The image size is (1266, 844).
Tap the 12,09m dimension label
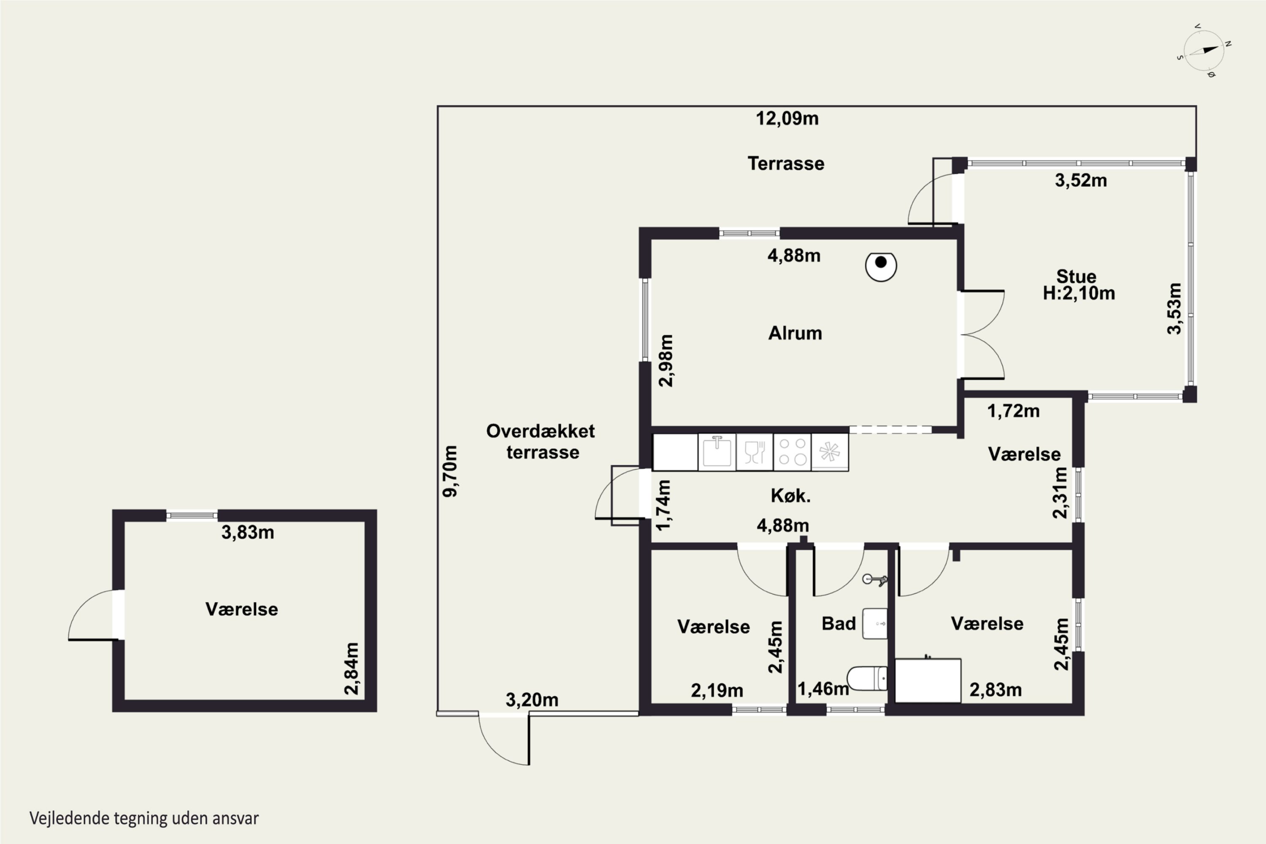coord(787,119)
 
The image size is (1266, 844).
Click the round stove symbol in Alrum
coord(881,266)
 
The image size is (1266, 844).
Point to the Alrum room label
coord(795,333)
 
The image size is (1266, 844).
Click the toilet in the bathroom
coord(867,678)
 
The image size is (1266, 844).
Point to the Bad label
coord(839,623)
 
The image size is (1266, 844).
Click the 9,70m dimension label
coord(450,471)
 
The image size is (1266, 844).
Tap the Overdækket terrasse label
coord(541,441)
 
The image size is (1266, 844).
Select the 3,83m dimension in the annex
coord(248,532)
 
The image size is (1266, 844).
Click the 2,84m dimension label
coord(351,668)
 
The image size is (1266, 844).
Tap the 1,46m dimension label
coord(823,688)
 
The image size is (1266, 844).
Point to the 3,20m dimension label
coord(532,700)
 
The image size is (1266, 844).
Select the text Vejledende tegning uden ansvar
coord(144,818)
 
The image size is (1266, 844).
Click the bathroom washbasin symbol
coord(875,623)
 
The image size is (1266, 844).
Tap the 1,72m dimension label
coord(1014,411)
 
